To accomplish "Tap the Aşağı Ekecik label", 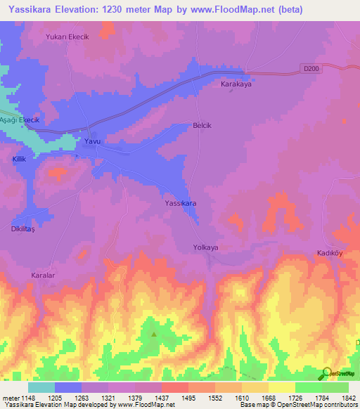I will [20, 120].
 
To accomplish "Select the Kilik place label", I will [19, 160].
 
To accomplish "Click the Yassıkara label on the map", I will [180, 203].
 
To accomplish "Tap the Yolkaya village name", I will [206, 247].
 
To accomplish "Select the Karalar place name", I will [43, 275].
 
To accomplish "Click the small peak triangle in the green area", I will [153, 334].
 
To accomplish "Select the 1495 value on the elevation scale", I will [188, 398].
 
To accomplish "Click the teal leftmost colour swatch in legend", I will [41, 387].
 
